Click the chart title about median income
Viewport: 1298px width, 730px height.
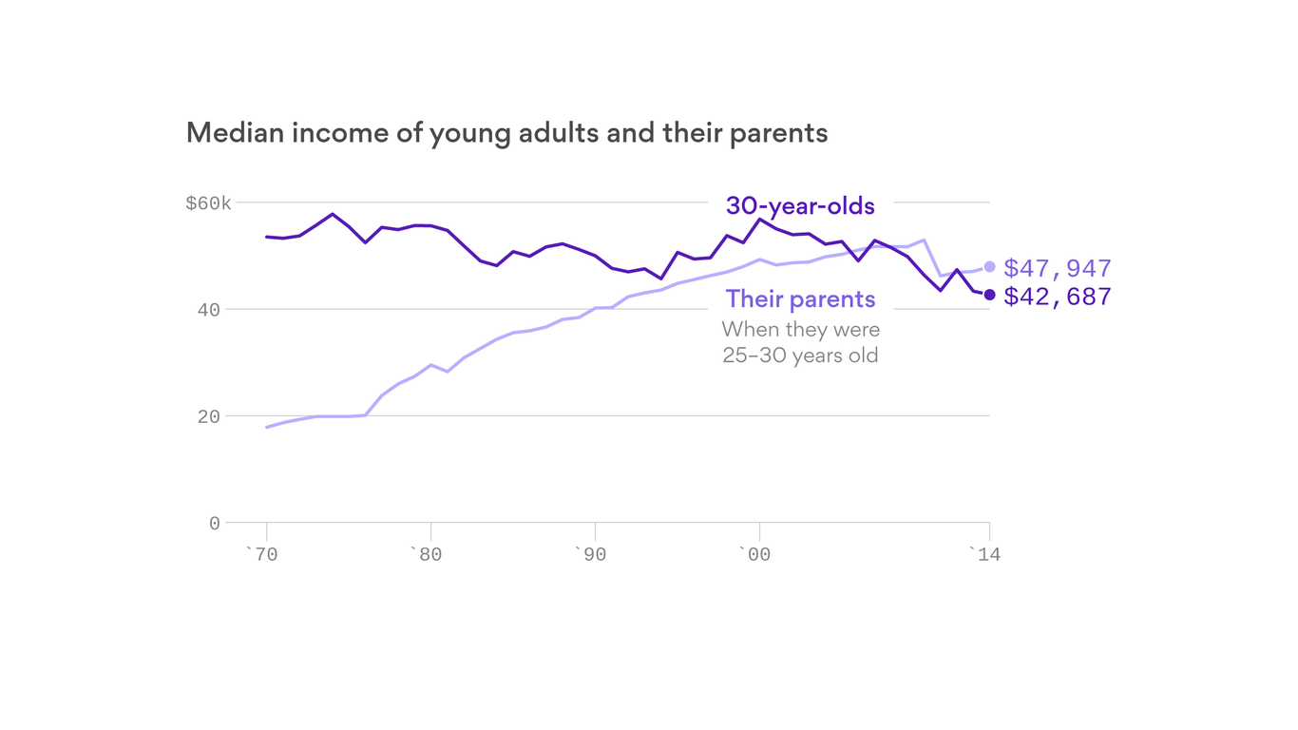point(506,133)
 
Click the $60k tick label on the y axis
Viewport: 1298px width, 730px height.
point(208,203)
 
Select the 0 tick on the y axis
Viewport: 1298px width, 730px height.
point(215,524)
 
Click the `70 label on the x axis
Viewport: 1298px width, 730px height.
point(261,554)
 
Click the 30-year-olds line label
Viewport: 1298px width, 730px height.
point(800,205)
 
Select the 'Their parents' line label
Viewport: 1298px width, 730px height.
point(800,299)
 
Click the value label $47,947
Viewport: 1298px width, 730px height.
point(1057,268)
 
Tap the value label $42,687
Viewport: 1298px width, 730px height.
point(1057,297)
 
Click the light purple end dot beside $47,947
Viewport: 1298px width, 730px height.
point(989,267)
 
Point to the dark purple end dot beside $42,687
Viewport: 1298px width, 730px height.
point(989,295)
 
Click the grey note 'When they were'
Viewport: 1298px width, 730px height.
point(800,330)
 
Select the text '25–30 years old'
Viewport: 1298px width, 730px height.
point(800,356)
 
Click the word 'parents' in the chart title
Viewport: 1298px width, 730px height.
point(778,133)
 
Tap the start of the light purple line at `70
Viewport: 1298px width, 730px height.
point(267,427)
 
